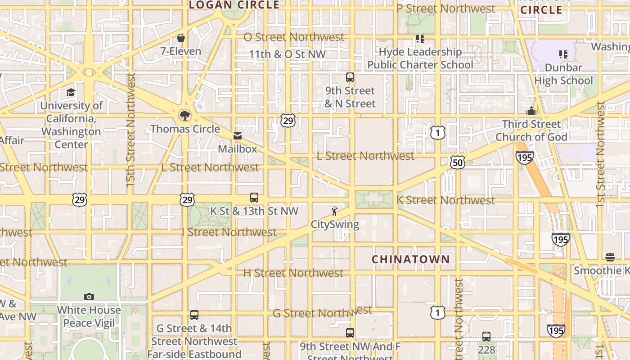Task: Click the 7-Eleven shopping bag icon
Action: (x=181, y=38)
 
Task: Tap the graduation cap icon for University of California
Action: (x=71, y=93)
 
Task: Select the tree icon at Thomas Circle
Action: (x=184, y=116)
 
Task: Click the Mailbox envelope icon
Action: (x=237, y=136)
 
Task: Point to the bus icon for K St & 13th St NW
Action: (x=254, y=198)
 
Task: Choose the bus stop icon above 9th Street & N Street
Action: (x=350, y=77)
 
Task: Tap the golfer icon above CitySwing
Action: (x=334, y=211)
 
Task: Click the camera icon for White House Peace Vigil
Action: (x=89, y=297)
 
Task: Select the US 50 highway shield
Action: (x=457, y=162)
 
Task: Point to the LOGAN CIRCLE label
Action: (x=234, y=5)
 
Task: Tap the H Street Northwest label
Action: (x=293, y=273)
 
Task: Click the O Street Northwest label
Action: (x=294, y=37)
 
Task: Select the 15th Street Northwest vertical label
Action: (x=130, y=130)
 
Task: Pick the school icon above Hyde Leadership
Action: (x=420, y=39)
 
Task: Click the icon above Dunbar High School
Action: (x=563, y=54)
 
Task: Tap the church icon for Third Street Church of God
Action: (x=531, y=111)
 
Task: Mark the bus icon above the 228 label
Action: (x=486, y=336)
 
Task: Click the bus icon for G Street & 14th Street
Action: (x=194, y=315)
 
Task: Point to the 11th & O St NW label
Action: (x=287, y=54)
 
